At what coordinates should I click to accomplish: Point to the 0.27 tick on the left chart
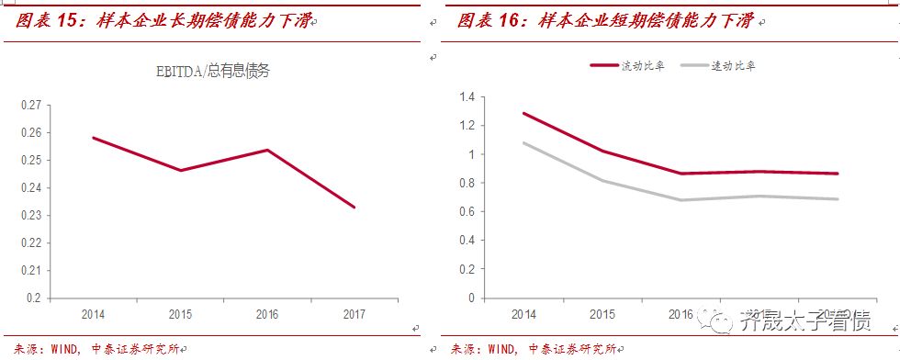(32, 106)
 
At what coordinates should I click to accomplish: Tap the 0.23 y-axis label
(32, 216)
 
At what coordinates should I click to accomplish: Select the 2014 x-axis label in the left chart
(93, 314)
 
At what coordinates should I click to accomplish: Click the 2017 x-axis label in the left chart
(354, 314)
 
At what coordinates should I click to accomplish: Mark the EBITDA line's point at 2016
(266, 150)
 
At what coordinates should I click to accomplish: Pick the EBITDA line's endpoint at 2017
(354, 208)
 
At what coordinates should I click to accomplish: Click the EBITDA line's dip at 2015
(180, 170)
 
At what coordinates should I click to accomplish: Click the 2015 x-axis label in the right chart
(602, 314)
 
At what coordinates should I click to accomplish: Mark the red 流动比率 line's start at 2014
(523, 113)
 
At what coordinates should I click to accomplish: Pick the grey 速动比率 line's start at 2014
(523, 142)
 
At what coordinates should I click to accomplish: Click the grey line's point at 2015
(602, 180)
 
